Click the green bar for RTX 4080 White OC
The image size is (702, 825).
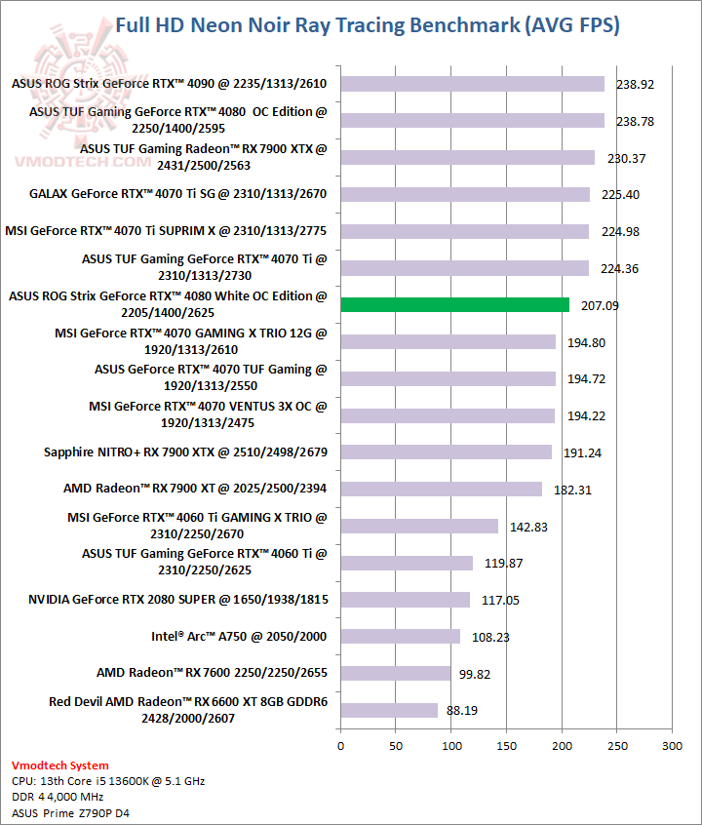[x=454, y=305]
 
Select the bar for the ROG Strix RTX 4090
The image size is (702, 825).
[x=472, y=84]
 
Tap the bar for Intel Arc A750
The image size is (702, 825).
[x=400, y=637]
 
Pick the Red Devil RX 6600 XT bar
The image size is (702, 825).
[x=389, y=710]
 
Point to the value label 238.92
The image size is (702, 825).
[x=635, y=85]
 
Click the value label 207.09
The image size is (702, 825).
[x=600, y=306]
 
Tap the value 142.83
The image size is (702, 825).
[x=529, y=527]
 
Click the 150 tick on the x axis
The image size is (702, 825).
[x=506, y=746]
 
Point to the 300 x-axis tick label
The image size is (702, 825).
[x=672, y=746]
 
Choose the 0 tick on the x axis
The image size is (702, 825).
[x=340, y=746]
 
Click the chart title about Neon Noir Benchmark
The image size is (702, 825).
[x=367, y=25]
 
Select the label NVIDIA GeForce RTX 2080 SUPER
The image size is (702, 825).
[x=177, y=600]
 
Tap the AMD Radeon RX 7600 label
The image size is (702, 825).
[x=212, y=673]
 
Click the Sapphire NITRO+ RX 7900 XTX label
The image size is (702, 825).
[x=185, y=452]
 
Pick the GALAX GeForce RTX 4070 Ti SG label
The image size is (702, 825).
[x=177, y=194]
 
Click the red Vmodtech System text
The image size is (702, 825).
[x=60, y=766]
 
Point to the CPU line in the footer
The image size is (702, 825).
[x=108, y=781]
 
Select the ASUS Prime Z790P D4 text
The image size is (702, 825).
[x=68, y=812]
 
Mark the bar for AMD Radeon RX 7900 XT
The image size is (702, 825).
[x=441, y=490]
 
